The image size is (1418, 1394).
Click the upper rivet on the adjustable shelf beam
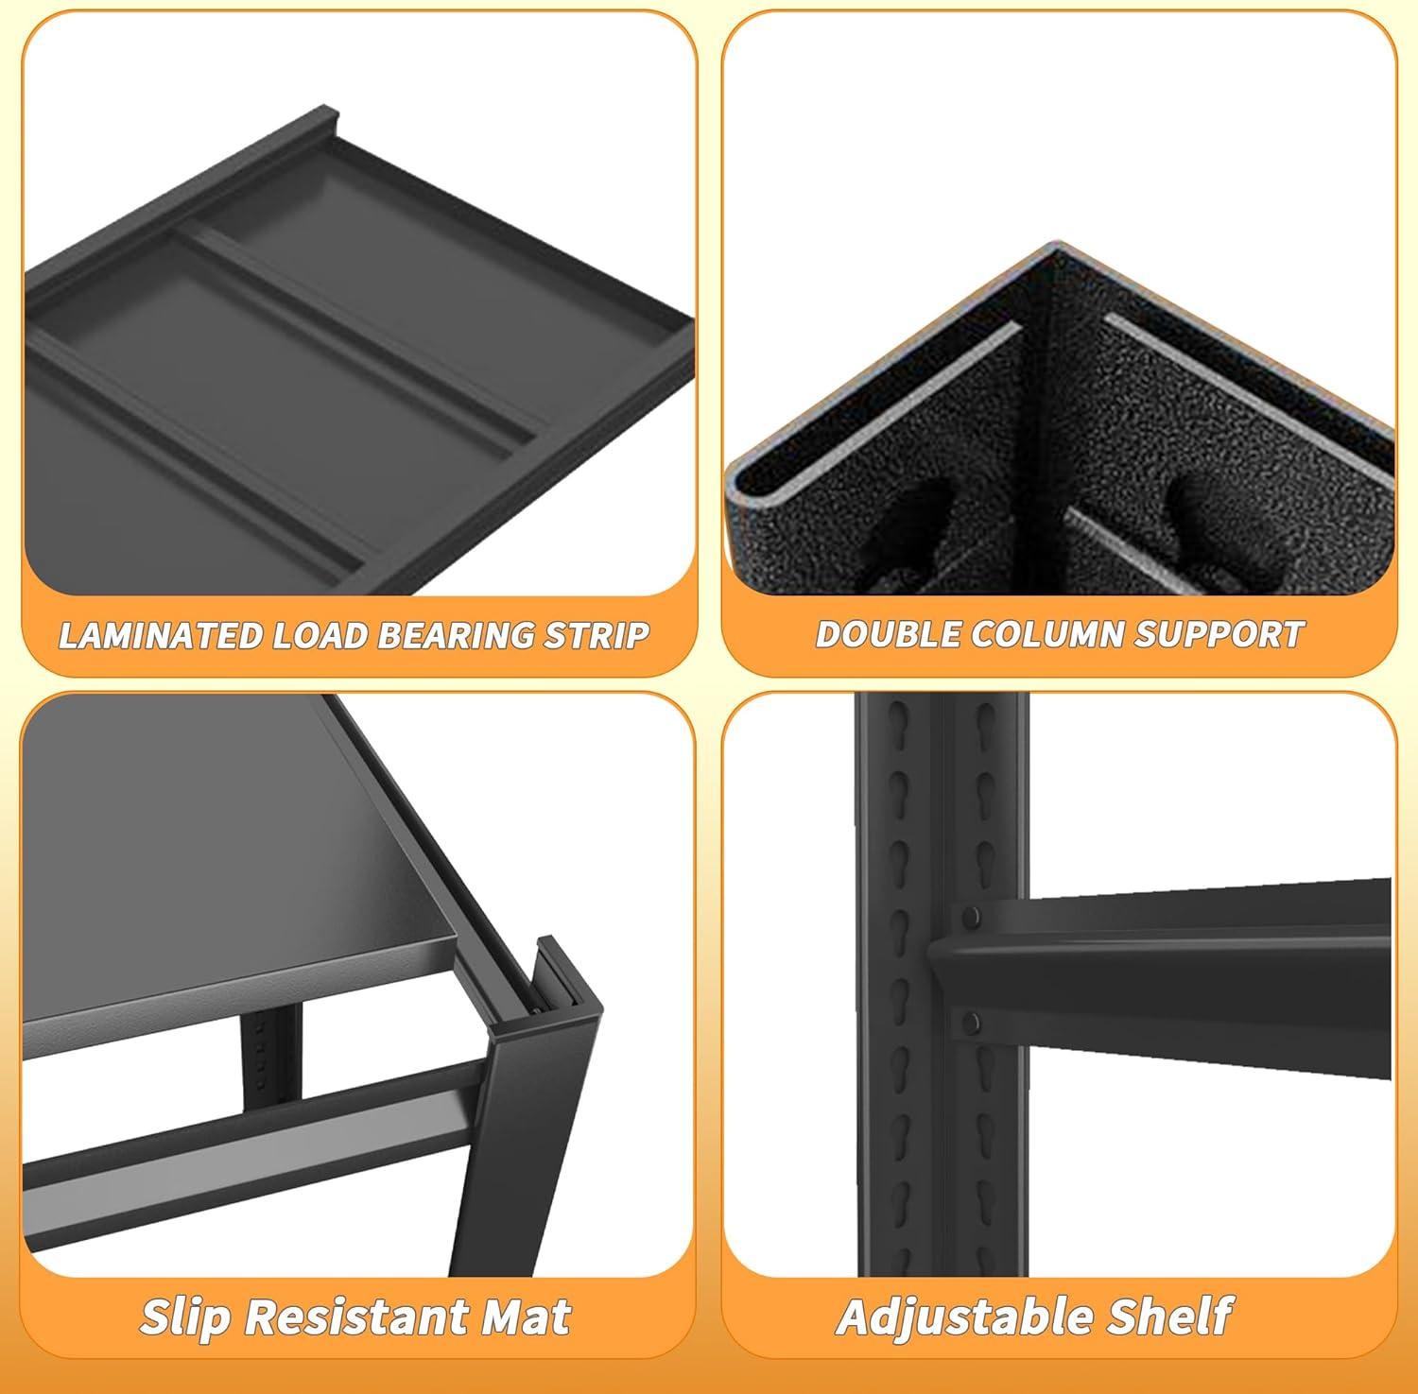[x=971, y=916]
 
